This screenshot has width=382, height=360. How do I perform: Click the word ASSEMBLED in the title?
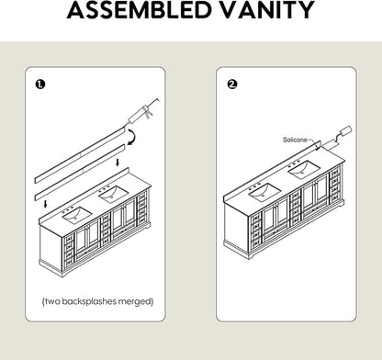[x=140, y=10]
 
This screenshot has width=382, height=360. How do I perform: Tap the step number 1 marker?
[x=40, y=84]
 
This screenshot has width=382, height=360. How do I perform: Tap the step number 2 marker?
[x=232, y=84]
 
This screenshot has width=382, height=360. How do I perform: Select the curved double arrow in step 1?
[x=134, y=137]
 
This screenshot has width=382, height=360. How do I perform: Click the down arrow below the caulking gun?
[x=118, y=162]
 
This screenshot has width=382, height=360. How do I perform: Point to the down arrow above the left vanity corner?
[x=46, y=203]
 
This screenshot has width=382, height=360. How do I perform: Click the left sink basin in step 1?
[x=77, y=215]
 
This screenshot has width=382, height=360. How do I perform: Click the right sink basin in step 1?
[x=113, y=194]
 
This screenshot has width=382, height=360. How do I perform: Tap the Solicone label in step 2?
[x=295, y=140]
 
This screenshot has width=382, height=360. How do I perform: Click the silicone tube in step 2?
[x=337, y=137]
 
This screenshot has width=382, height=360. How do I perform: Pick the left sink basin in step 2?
[x=265, y=192]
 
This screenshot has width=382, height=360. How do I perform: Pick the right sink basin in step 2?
[x=304, y=170]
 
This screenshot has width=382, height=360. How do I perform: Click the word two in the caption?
[x=52, y=301]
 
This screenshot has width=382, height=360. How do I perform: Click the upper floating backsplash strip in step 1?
[x=80, y=155]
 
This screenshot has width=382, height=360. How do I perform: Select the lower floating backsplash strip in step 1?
[x=80, y=173]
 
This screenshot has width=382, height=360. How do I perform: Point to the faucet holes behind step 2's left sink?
[x=254, y=185]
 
